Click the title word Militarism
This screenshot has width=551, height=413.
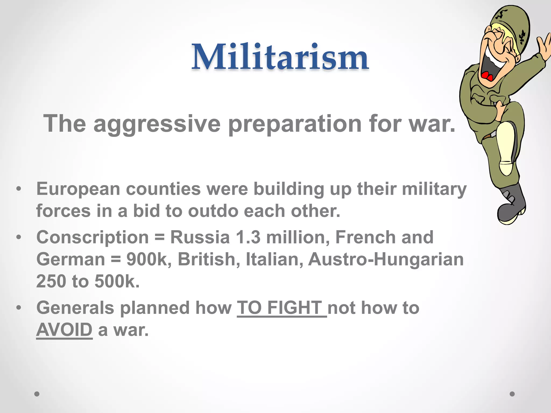pos(280,57)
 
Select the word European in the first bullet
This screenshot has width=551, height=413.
pos(78,189)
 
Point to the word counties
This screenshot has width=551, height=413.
pos(163,189)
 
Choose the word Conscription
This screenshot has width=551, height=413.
pos(92,237)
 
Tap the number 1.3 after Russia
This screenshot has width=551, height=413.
pos(248,237)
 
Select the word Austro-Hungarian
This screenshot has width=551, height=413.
pos(386,259)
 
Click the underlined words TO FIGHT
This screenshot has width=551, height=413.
pos(281,308)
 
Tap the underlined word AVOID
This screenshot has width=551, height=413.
pos(64,330)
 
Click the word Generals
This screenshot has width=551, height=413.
pos(75,308)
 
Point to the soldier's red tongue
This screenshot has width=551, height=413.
pos(487,76)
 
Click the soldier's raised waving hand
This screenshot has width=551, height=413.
pos(545,47)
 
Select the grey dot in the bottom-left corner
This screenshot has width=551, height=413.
pos(37,394)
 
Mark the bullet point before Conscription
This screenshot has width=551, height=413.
pos(18,237)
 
